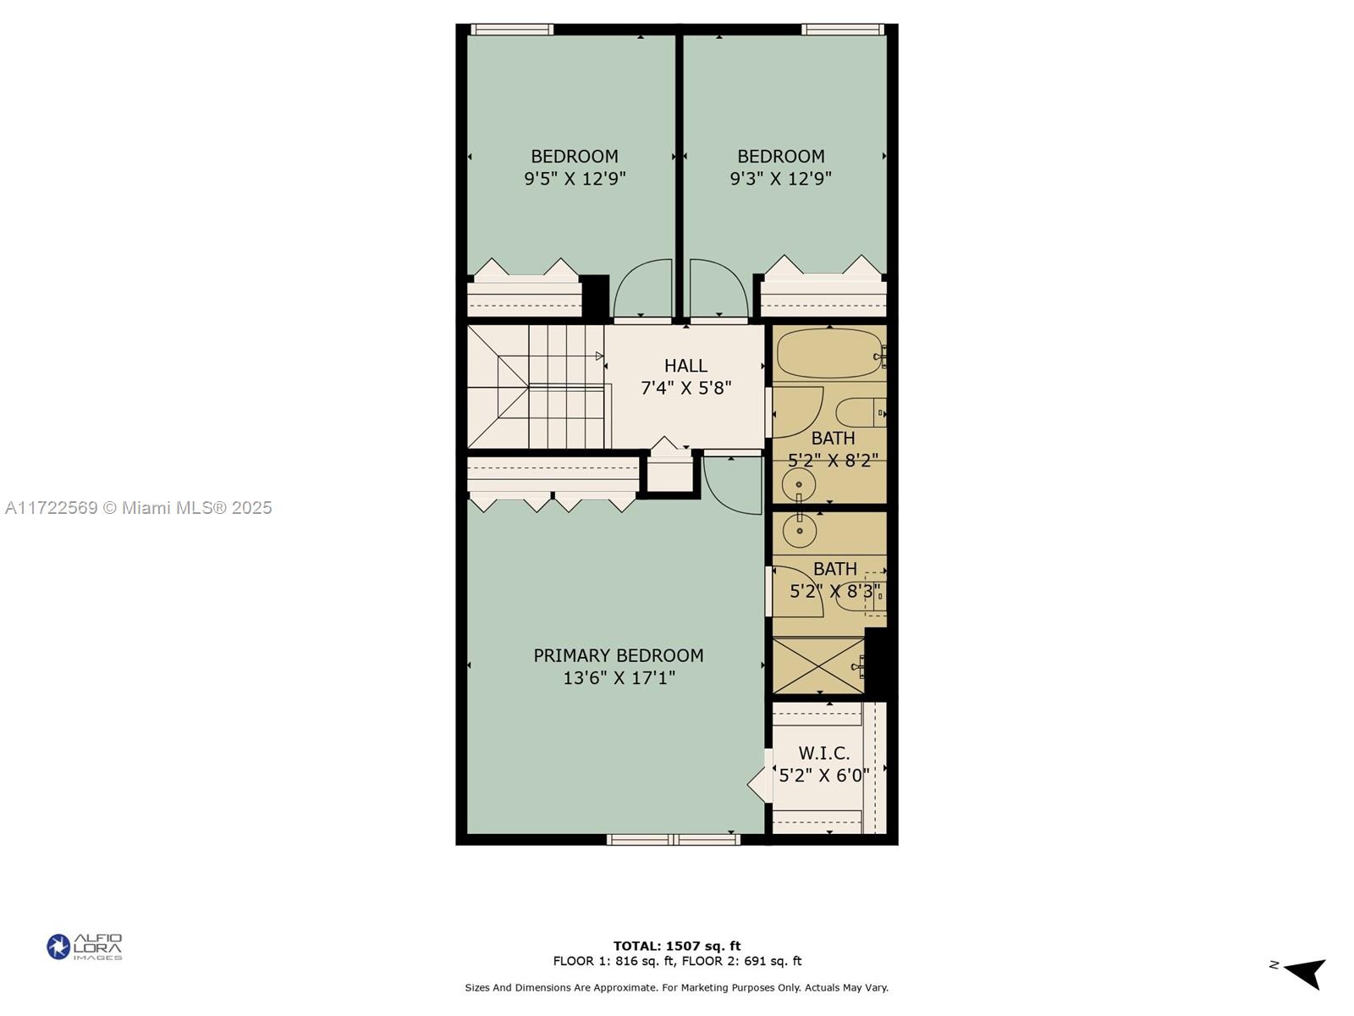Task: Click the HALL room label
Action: (685, 366)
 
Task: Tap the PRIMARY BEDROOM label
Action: (619, 655)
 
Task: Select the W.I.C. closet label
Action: (824, 753)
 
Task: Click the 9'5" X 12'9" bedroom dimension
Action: (575, 179)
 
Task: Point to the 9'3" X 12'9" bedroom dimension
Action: (780, 179)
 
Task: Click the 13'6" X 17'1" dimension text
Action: (619, 678)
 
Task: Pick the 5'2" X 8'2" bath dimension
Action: (833, 460)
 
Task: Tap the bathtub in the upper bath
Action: (828, 354)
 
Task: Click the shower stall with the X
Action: (818, 666)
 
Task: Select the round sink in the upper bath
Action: (798, 485)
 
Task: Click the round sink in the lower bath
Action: (799, 531)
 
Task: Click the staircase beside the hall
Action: (536, 387)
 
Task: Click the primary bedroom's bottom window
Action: (674, 840)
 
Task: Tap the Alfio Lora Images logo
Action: (85, 947)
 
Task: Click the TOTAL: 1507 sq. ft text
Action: (676, 946)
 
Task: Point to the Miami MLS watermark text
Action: (139, 508)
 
